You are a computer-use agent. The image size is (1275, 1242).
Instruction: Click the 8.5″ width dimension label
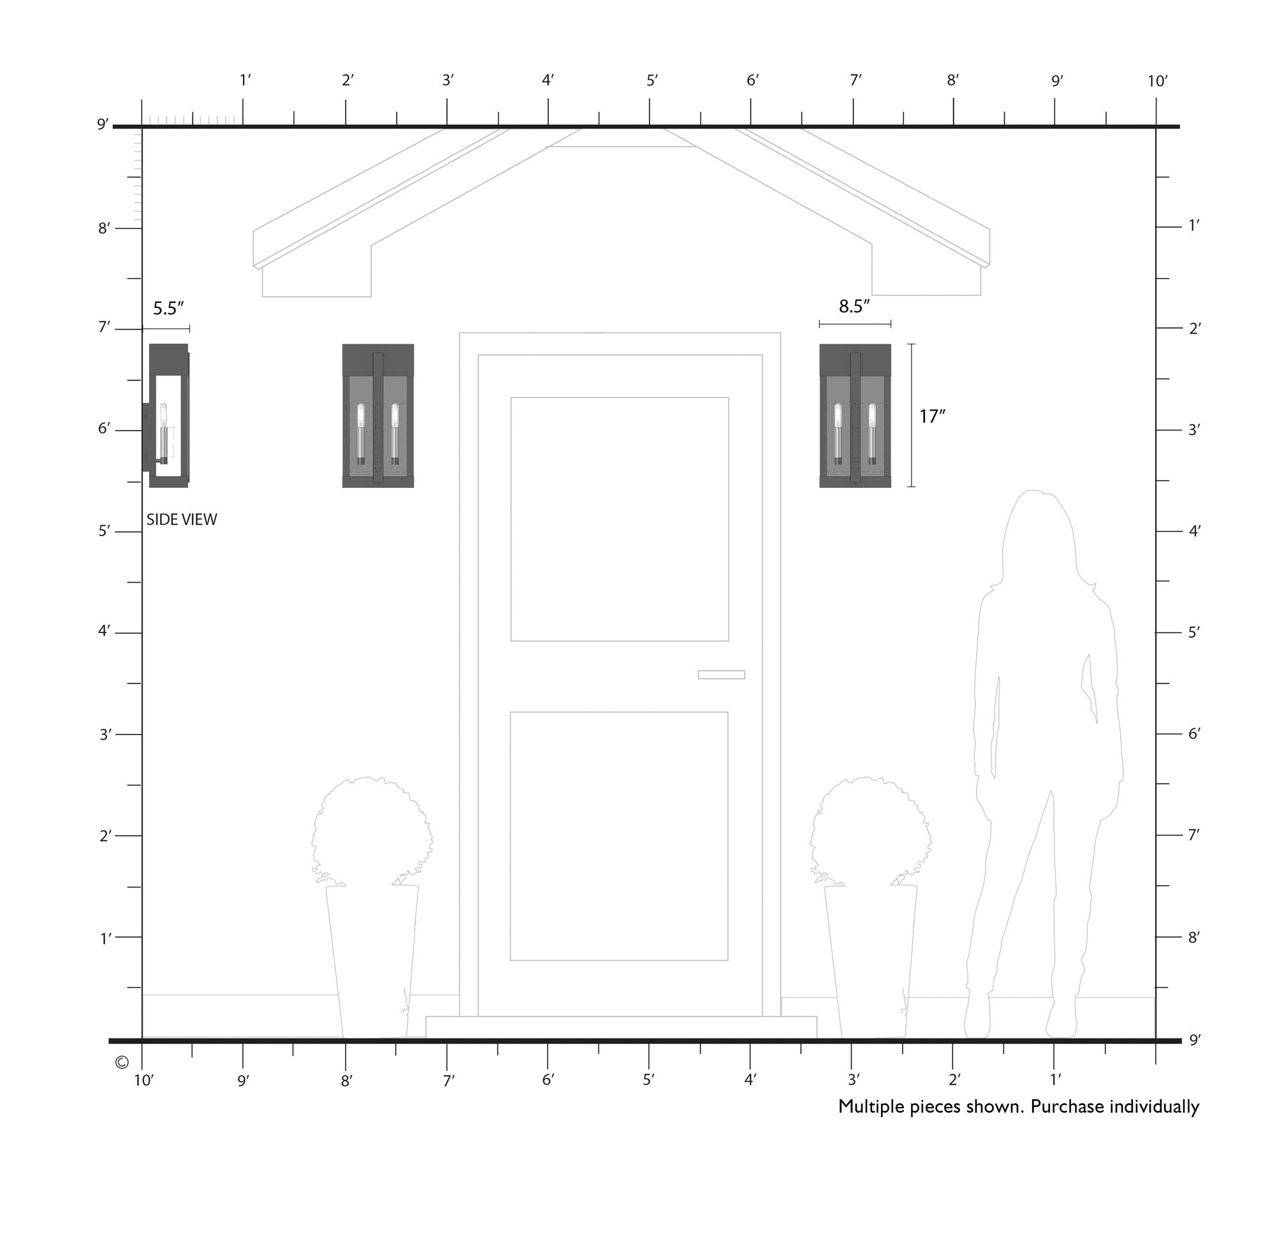click(854, 306)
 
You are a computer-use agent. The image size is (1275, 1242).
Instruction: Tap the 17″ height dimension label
click(932, 416)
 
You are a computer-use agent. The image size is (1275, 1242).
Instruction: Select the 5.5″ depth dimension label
click(169, 308)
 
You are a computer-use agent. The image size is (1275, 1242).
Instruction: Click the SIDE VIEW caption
click(181, 519)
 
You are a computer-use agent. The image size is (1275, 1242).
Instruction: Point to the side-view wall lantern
click(166, 416)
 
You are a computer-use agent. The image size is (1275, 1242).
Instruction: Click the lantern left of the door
click(378, 416)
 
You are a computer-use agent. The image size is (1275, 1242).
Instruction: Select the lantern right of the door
click(855, 416)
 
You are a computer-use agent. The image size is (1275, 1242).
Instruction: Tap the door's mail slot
click(721, 675)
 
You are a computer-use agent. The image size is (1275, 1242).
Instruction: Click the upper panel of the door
click(620, 519)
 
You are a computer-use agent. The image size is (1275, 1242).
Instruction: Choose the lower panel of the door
click(619, 837)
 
